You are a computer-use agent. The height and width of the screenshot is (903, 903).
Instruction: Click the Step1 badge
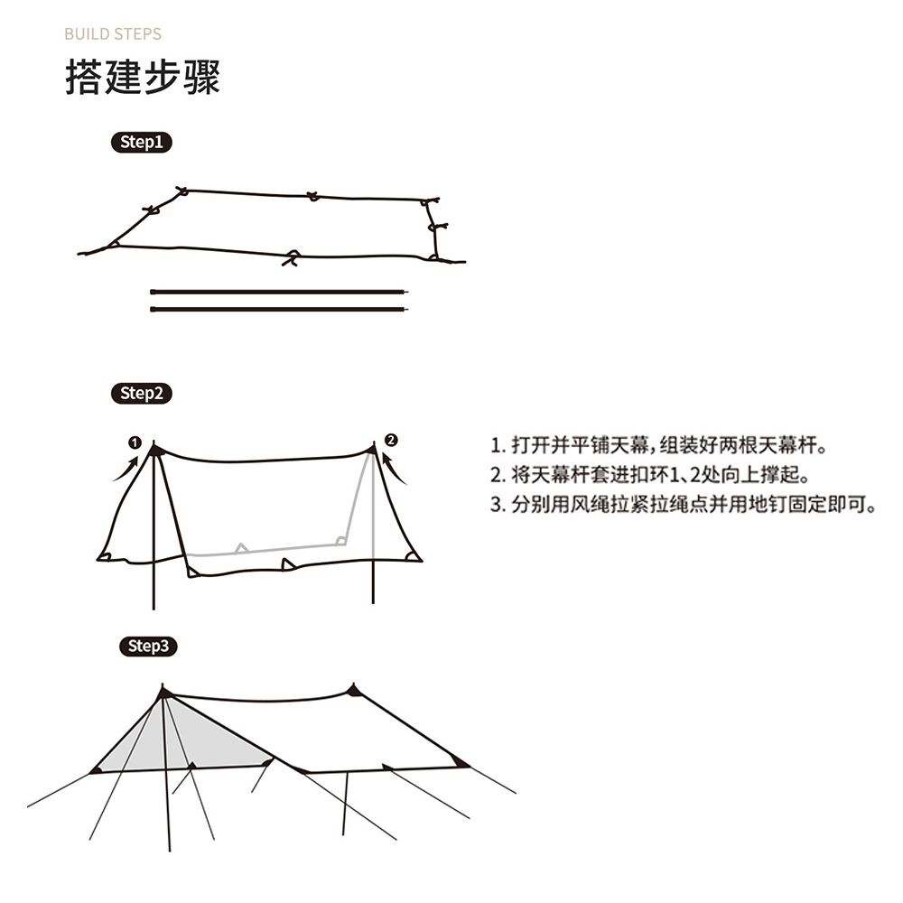click(x=140, y=142)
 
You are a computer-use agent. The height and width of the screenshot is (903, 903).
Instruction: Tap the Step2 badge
click(x=140, y=393)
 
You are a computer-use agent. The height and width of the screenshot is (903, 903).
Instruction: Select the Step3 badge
click(x=147, y=646)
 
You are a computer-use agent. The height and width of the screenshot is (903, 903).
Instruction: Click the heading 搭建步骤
click(x=143, y=79)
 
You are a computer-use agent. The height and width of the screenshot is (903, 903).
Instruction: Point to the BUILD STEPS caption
click(x=113, y=34)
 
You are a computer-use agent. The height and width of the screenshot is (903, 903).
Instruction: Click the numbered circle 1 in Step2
click(x=135, y=442)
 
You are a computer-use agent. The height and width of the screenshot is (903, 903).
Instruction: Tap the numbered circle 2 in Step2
click(x=390, y=440)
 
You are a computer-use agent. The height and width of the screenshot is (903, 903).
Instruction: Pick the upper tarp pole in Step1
click(x=280, y=292)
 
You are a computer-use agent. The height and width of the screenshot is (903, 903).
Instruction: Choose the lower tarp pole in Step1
click(x=280, y=309)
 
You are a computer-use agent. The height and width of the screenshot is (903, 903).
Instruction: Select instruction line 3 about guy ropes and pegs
click(x=684, y=504)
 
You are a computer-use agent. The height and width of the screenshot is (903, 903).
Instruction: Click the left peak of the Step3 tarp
click(x=163, y=693)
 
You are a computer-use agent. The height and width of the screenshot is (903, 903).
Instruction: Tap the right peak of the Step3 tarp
click(x=353, y=691)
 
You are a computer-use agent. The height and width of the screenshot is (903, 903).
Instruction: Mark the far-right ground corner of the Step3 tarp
click(x=461, y=764)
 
